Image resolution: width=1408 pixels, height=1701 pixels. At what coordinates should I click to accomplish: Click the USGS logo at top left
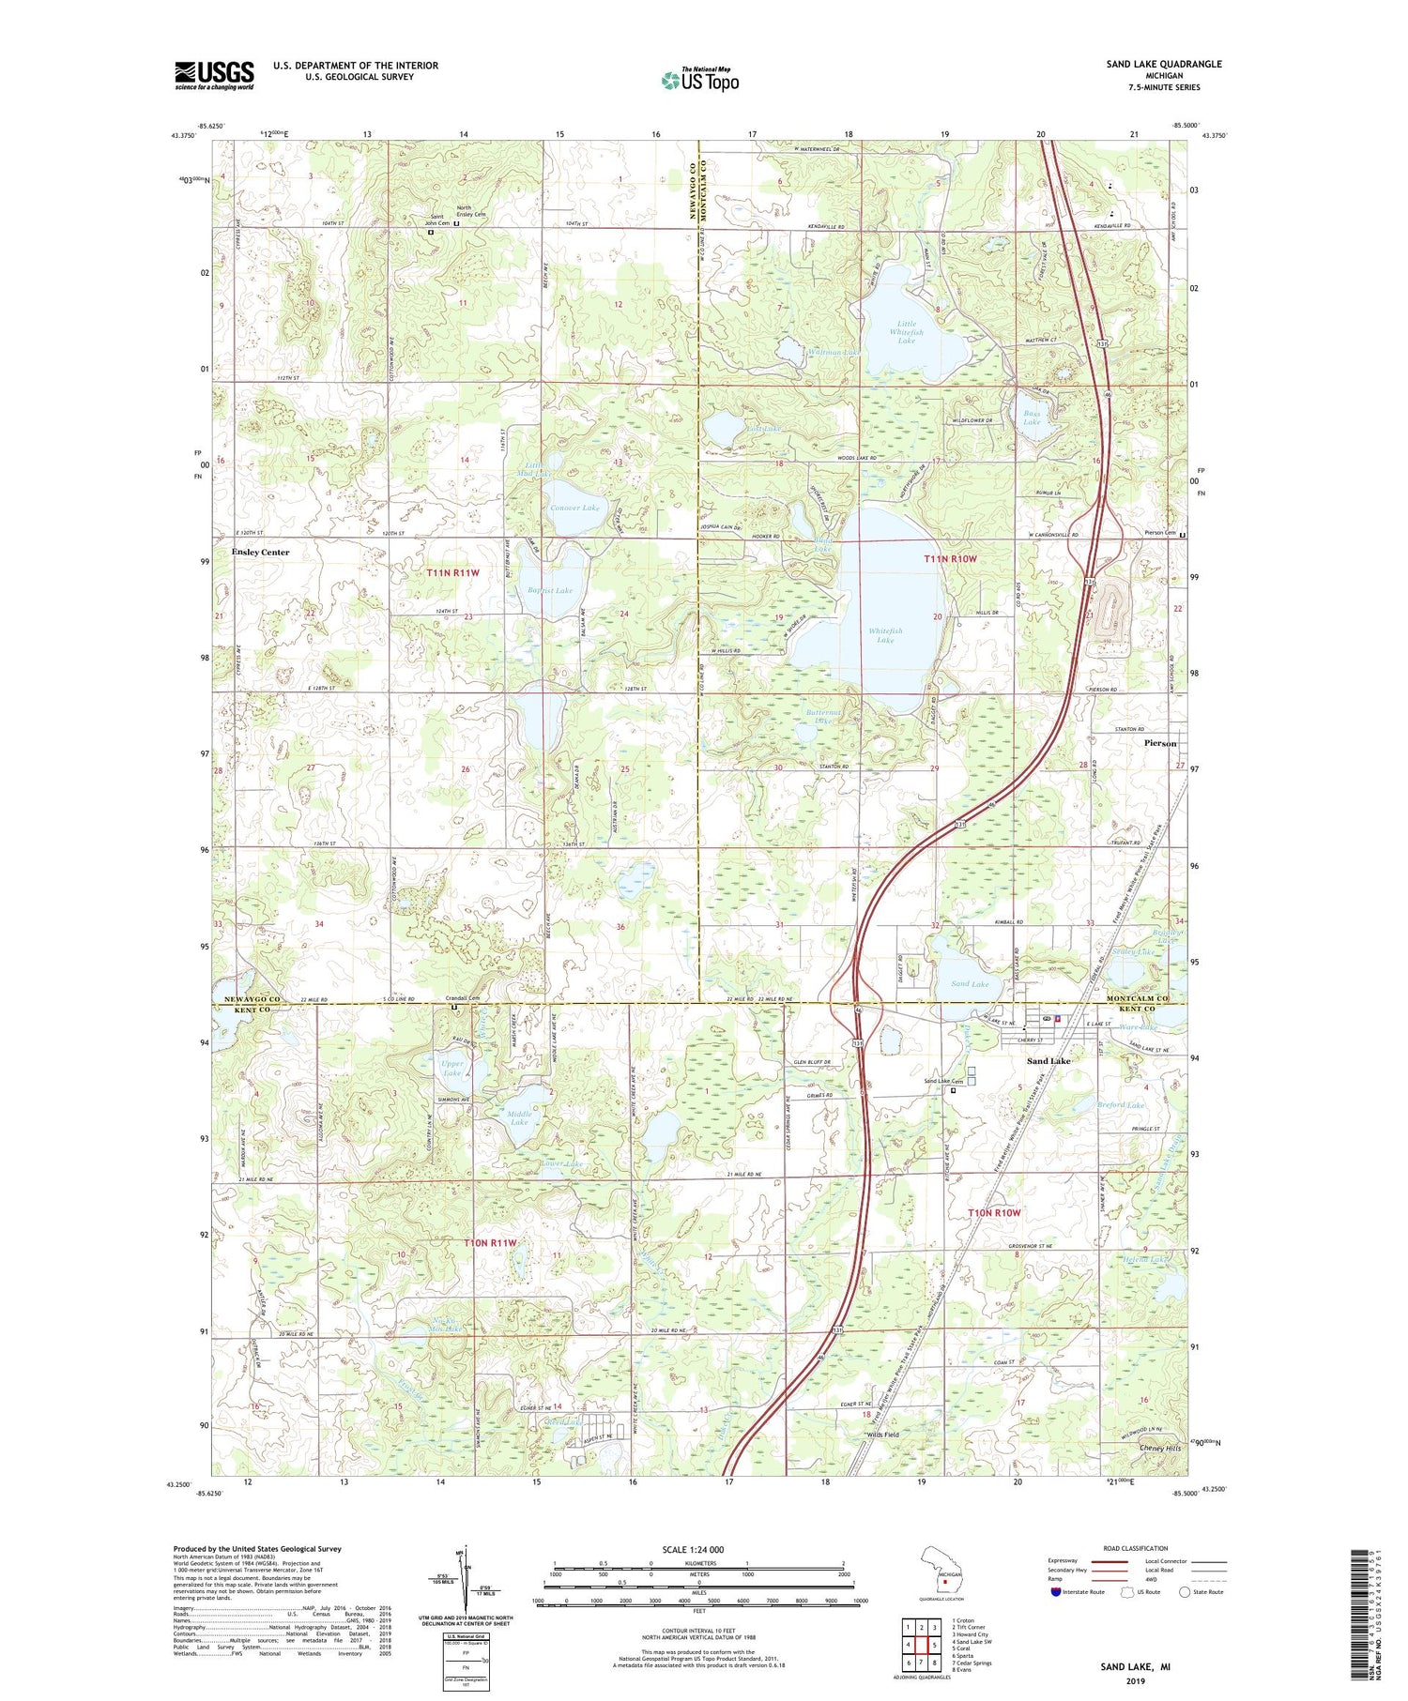214,75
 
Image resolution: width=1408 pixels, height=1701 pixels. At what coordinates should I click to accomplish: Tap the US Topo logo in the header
699,81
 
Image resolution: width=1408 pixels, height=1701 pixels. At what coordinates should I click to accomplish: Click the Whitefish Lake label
885,635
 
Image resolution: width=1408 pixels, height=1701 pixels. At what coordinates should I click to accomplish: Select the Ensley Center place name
260,553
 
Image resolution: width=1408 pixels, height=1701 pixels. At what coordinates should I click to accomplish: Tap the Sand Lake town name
1048,1061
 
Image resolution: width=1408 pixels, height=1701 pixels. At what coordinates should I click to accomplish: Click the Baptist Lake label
550,590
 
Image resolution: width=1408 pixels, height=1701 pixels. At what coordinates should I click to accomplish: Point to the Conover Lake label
574,508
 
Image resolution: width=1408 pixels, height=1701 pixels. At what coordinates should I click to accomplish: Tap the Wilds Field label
882,1435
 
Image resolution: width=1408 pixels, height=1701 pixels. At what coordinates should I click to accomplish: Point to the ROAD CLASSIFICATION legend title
1136,1549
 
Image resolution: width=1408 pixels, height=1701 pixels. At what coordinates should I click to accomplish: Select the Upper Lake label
452,1069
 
